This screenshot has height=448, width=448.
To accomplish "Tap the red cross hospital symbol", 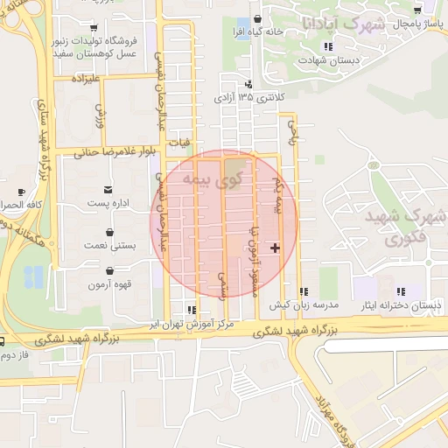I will point(276,248).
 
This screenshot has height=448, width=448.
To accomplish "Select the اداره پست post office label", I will point(108,204).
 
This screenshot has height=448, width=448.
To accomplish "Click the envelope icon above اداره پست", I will point(108,189).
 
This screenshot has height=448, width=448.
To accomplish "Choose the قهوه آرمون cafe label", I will point(109,285).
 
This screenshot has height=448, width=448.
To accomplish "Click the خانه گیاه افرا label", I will point(256,31).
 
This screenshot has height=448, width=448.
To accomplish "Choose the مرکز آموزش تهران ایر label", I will point(191,324).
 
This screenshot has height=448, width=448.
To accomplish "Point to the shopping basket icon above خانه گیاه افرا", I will point(256,17).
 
